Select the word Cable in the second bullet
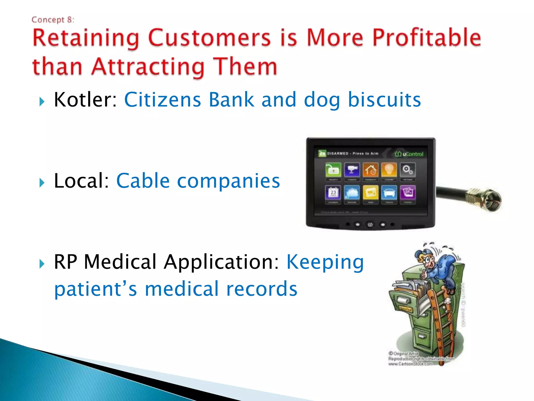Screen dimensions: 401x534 click(143, 181)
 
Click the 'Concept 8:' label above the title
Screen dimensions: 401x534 click(53, 20)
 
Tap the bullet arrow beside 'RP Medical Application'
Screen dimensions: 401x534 click(42, 264)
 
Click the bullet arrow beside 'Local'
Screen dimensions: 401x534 click(42, 182)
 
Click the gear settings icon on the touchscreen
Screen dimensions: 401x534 click(408, 170)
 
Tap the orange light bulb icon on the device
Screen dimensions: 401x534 click(389, 170)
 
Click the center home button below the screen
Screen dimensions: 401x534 click(370, 225)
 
